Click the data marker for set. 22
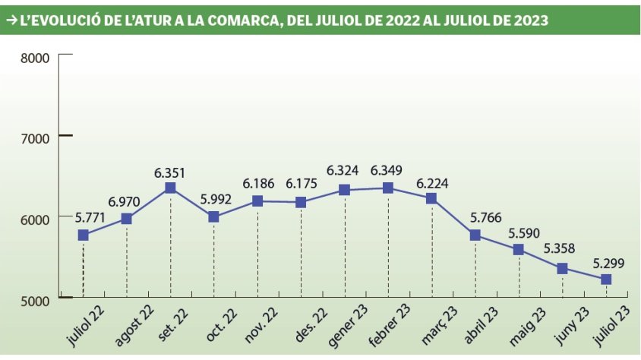tap(170, 188)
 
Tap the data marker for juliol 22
tap(83, 235)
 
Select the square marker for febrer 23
tap(388, 188)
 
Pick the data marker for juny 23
tap(562, 268)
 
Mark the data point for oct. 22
tap(213, 216)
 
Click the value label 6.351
tap(170, 172)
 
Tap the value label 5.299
tap(605, 264)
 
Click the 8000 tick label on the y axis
tap(34, 58)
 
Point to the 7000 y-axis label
tap(34, 137)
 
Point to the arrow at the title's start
tap(11, 21)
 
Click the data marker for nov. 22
tap(257, 201)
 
